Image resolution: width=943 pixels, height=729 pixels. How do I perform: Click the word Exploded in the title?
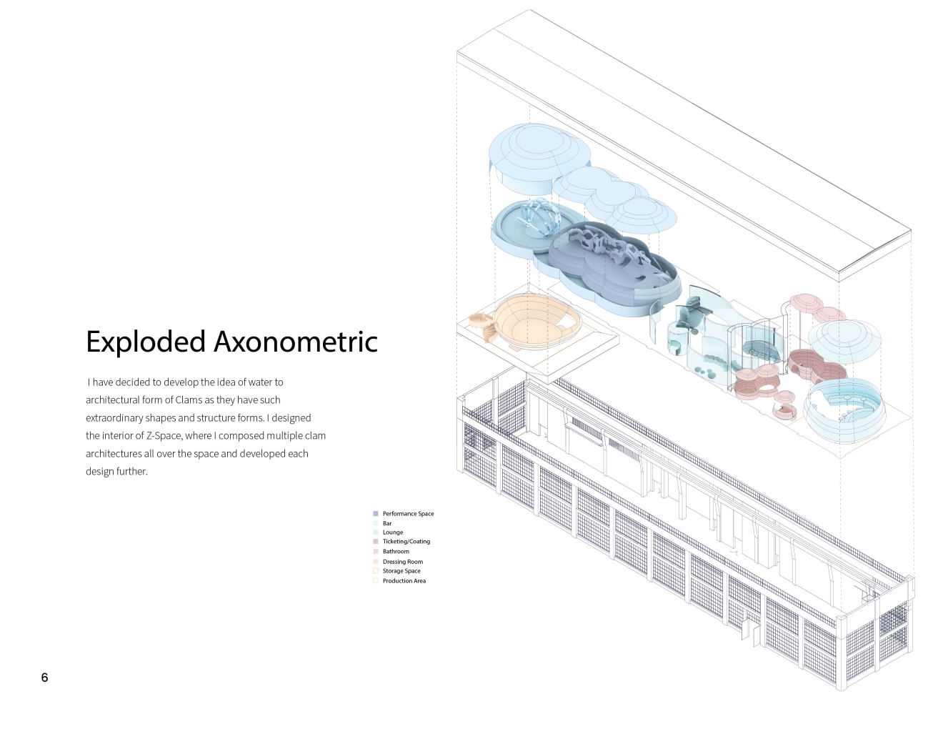[x=146, y=342]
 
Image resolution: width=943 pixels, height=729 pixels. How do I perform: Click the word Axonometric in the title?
[x=295, y=342]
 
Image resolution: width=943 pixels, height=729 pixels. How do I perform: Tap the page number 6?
[x=44, y=678]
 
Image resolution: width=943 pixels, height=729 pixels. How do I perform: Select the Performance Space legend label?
[x=408, y=514]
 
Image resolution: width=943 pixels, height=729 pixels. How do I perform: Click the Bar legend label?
[x=387, y=523]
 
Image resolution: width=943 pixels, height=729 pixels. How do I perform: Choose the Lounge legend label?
[x=393, y=532]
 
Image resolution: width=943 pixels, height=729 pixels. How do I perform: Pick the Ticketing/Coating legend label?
[x=406, y=542]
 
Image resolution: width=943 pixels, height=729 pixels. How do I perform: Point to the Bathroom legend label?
[x=396, y=552]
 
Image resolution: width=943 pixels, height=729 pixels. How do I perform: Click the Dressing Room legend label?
[x=403, y=562]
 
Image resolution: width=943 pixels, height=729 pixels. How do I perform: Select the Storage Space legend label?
[x=401, y=571]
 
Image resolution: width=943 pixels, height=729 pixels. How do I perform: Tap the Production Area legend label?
[x=404, y=581]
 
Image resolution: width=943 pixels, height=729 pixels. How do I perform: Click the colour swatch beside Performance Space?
[x=376, y=514]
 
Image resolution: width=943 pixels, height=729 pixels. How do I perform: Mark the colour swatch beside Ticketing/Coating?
[x=376, y=542]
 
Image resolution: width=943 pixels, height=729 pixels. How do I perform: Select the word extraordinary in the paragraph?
[x=114, y=418]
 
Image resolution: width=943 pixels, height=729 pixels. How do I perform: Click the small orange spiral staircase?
[x=482, y=325]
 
